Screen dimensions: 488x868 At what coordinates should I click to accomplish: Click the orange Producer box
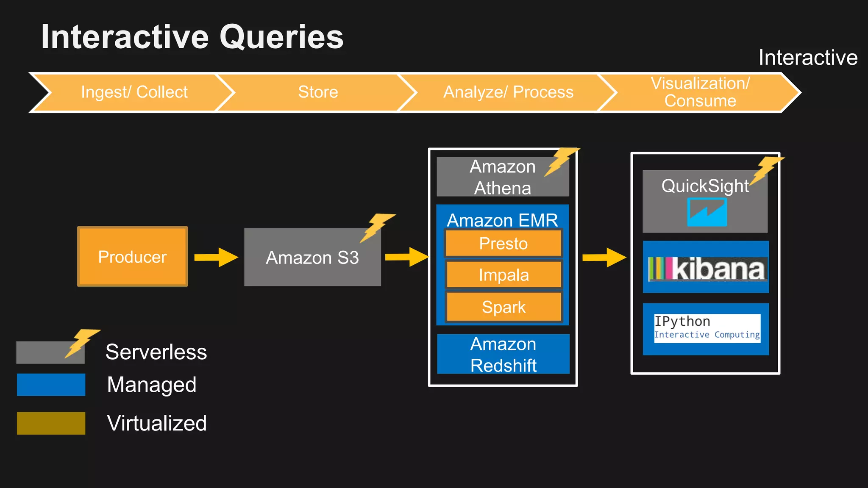(x=132, y=257)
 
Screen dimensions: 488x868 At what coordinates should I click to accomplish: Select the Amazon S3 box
(x=312, y=258)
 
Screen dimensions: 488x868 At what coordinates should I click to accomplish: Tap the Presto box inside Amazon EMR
(x=503, y=244)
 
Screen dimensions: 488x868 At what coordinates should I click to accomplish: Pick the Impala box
(x=503, y=275)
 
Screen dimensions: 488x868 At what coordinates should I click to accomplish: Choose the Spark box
(x=503, y=307)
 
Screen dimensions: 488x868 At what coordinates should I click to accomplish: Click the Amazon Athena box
(x=502, y=177)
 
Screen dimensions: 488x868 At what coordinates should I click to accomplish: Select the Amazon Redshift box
(x=503, y=354)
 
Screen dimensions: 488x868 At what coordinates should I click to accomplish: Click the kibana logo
(x=707, y=269)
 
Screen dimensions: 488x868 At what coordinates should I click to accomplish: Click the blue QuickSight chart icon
(x=707, y=212)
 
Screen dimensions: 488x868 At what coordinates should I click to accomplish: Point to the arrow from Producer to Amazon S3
(x=216, y=257)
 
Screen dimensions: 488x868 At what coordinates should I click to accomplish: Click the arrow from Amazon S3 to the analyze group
(x=406, y=257)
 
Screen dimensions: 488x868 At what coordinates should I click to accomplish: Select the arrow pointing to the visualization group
(x=604, y=257)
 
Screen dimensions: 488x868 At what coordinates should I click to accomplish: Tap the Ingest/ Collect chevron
(x=134, y=92)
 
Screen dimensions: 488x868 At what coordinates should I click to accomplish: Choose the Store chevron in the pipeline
(x=318, y=92)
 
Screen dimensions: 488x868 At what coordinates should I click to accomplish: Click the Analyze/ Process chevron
(x=508, y=92)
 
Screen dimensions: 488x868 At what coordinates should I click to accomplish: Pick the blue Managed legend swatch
(x=51, y=385)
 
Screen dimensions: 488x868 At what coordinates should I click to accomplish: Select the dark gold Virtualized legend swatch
(x=51, y=423)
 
